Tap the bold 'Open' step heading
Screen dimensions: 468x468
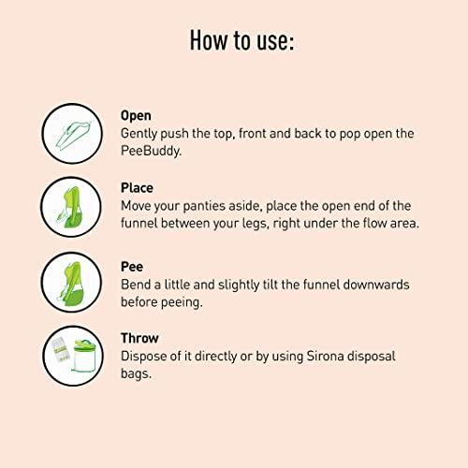136,116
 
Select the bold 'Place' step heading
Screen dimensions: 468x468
137,187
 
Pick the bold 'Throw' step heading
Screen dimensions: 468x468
139,338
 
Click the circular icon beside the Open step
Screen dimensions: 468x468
73,133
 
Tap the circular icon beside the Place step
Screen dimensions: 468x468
73,207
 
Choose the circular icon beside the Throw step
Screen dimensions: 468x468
73,356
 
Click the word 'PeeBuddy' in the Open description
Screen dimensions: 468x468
152,150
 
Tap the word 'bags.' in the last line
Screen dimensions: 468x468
137,373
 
